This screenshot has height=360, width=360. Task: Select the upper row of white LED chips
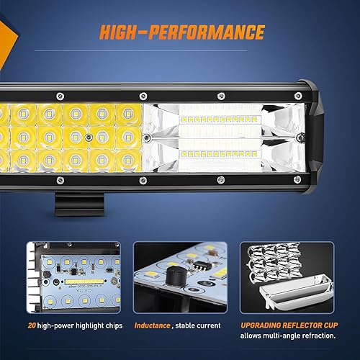220,117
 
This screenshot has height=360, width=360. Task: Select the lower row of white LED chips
220,153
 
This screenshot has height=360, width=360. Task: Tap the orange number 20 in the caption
30,325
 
